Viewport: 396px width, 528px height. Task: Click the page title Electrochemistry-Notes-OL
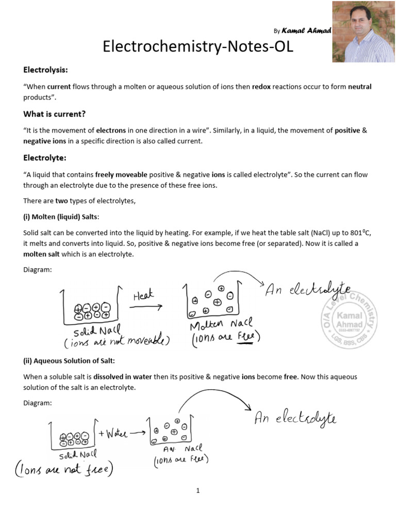[198, 47]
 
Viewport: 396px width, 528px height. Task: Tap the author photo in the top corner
[363, 31]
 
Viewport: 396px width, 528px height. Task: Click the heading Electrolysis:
[45, 70]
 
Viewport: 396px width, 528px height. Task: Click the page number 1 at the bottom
[197, 491]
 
